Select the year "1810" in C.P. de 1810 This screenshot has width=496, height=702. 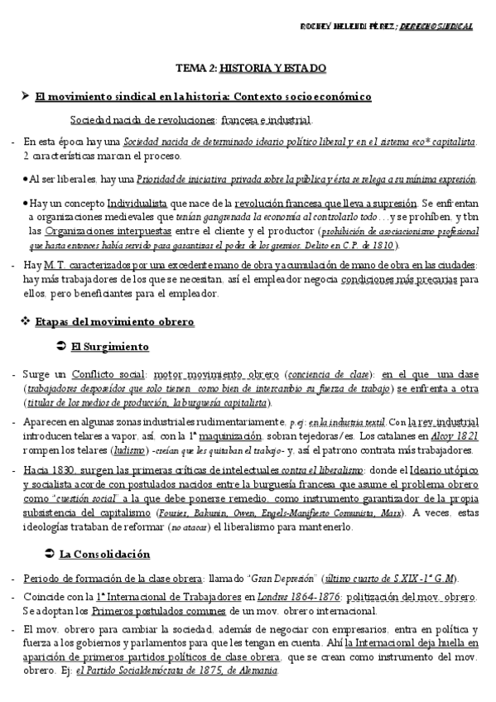[x=381, y=245]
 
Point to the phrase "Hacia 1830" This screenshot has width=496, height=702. [x=49, y=468]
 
